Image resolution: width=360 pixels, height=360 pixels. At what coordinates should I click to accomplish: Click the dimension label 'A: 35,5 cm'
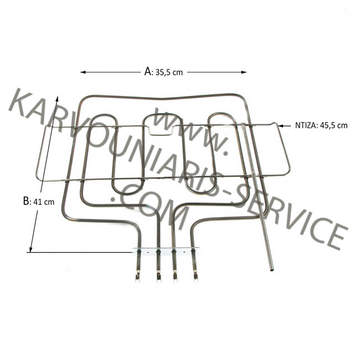point(163,72)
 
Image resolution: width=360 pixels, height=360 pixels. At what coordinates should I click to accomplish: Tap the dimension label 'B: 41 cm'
point(39,202)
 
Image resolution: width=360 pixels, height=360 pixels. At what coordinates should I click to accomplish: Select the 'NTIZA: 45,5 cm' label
point(321,126)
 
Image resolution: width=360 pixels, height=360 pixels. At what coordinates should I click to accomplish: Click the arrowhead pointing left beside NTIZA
point(281,126)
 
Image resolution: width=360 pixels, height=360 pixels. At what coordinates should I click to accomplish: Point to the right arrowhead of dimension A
point(244,72)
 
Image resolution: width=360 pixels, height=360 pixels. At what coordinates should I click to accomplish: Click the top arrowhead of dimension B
point(56,99)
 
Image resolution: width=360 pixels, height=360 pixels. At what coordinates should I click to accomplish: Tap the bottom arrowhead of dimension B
point(31,249)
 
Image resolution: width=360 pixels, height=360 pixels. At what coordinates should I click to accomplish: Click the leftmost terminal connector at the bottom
point(137,275)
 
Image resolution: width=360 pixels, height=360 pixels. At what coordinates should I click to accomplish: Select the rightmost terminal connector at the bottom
point(195,275)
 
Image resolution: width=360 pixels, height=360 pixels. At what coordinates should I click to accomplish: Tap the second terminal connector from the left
point(158,275)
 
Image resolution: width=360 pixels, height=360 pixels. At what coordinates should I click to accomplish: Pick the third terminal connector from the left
point(175,275)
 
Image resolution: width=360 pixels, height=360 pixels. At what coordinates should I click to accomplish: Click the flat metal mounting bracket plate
point(166,251)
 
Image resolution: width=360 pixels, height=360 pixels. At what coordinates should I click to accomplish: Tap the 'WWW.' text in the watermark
point(191,133)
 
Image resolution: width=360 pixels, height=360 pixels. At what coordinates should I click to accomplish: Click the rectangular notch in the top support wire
point(161,130)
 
